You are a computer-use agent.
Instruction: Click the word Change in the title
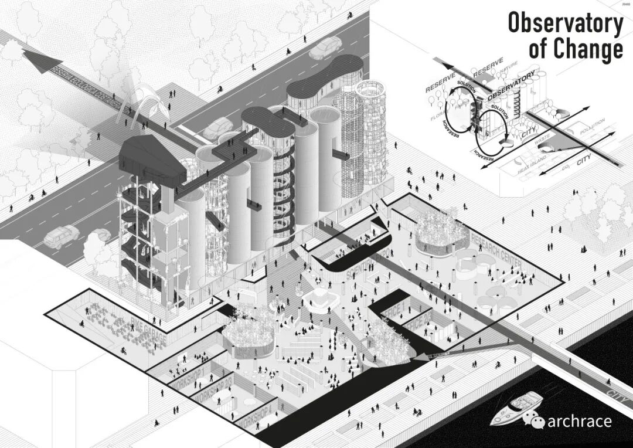[592, 50]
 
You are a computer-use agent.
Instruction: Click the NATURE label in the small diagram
[508, 72]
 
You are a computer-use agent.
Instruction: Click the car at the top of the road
[325, 48]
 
